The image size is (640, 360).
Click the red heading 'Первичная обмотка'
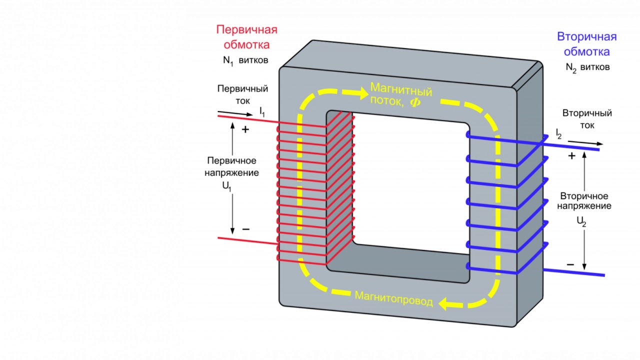(246, 37)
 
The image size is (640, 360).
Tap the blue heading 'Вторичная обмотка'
(586, 44)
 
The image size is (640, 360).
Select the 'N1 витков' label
(245, 60)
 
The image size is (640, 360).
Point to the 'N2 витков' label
(587, 67)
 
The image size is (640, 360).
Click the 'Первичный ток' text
(242, 94)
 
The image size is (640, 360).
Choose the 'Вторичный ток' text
(587, 119)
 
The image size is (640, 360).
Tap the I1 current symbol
(262, 111)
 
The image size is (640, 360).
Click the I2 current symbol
(558, 133)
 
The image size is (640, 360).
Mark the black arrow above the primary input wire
(235, 113)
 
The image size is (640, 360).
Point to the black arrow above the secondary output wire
(585, 142)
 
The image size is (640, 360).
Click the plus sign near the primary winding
(245, 129)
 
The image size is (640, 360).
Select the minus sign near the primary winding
(245, 229)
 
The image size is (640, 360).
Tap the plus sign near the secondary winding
(571, 155)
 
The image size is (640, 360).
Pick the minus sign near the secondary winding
(570, 265)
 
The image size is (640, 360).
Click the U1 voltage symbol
(226, 186)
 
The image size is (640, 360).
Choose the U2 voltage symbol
(581, 221)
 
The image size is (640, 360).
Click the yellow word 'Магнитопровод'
(393, 299)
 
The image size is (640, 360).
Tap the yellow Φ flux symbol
(415, 102)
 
